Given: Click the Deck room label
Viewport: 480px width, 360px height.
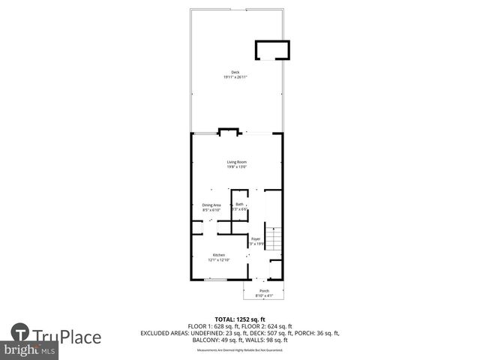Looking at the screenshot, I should click(235, 73).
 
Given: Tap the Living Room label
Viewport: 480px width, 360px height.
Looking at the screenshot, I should click(237, 162).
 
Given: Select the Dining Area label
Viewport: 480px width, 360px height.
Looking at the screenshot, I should click(211, 205).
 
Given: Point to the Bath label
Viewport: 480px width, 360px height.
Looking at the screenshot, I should click(239, 204).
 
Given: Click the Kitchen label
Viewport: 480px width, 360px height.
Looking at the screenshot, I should click(219, 255).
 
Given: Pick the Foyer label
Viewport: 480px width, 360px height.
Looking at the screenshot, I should click(256, 238).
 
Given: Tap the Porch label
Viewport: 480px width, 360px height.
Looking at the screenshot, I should click(264, 291).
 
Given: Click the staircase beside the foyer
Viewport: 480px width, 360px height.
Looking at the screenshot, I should click(274, 240).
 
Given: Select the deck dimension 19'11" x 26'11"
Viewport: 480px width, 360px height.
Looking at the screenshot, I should click(235, 77).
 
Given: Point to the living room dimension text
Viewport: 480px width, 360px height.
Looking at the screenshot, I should click(237, 167).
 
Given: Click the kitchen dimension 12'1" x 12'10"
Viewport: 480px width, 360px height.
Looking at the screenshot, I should click(219, 260).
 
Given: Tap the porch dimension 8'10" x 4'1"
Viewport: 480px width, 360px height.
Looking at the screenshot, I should click(264, 295).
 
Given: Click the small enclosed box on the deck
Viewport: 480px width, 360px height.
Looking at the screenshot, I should click(271, 49).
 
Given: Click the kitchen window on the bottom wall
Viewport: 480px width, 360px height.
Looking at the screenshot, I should click(216, 280).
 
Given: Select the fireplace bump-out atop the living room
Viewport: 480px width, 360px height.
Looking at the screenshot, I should click(229, 132).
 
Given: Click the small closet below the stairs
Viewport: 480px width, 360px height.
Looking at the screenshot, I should click(275, 269).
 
